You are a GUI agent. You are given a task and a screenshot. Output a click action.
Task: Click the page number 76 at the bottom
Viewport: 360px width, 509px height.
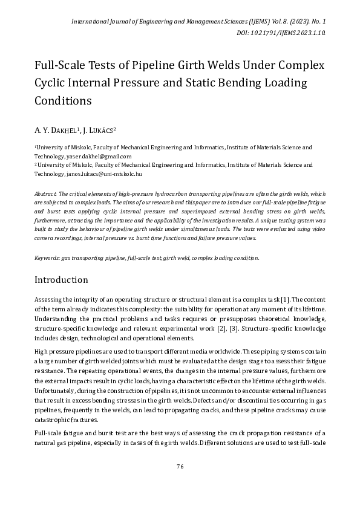[180, 466]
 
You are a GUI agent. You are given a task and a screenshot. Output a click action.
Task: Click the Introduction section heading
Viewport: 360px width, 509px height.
[61, 280]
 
